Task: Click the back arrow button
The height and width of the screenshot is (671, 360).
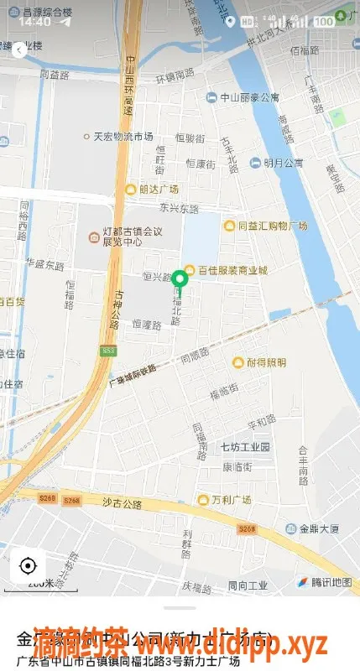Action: (18, 50)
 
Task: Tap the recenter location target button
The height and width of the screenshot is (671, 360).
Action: (29, 565)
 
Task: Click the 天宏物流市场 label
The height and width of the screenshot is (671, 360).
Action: (118, 136)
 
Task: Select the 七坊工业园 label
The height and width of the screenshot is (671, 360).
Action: (245, 447)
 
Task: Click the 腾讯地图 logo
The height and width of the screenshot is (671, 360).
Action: (326, 581)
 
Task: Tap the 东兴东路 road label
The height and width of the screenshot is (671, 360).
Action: (179, 208)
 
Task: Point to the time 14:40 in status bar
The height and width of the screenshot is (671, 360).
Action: (34, 22)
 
